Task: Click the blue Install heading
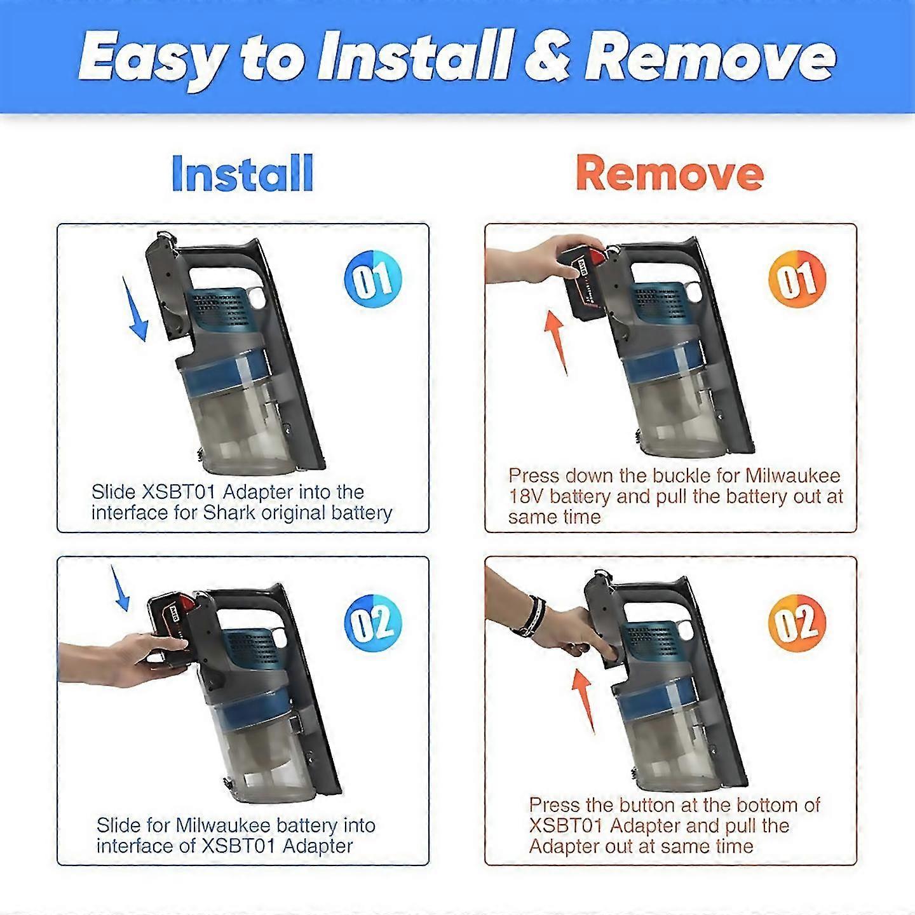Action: click(242, 173)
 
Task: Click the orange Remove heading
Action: click(670, 174)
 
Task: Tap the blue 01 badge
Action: click(373, 279)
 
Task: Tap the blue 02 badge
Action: click(373, 623)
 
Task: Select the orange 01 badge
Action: click(797, 279)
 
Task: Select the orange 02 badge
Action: click(797, 623)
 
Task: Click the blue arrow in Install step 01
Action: click(135, 309)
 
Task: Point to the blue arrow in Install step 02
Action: click(119, 588)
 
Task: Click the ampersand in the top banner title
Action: click(547, 59)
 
